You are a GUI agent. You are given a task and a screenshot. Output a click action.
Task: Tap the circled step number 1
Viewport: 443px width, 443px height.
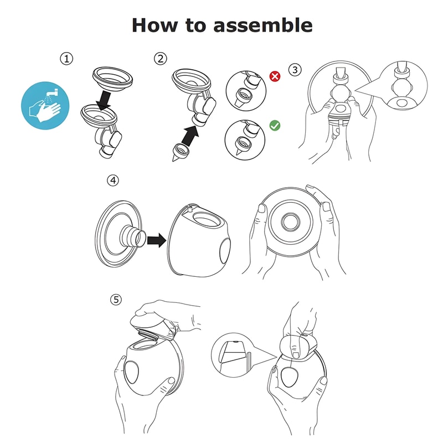[x=66, y=59]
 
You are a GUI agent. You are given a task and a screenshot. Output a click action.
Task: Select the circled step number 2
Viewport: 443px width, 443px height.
[x=160, y=59]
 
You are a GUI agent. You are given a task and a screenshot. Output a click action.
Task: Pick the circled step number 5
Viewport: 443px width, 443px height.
[x=116, y=299]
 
